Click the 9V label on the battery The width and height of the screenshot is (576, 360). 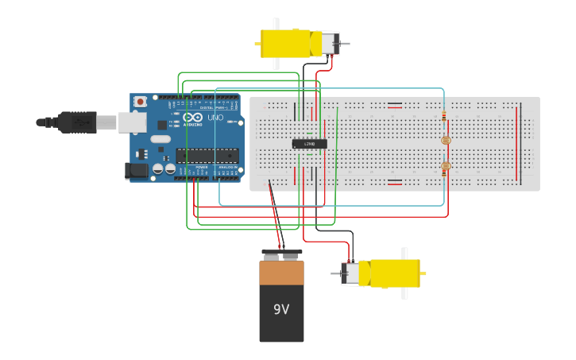(x=281, y=308)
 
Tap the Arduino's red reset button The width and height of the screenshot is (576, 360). (x=141, y=101)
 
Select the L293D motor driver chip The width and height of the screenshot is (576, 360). (x=309, y=144)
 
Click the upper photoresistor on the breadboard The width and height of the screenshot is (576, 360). (x=444, y=141)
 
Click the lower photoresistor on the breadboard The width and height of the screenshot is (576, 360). (x=444, y=166)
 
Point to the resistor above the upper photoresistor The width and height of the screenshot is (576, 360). (x=444, y=117)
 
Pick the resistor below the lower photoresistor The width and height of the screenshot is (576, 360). (x=444, y=181)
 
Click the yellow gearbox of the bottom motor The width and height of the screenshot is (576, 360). (x=389, y=273)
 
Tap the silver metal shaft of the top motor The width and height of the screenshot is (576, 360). (x=344, y=44)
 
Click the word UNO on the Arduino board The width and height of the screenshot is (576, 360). (x=215, y=118)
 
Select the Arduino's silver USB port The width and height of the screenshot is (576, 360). (x=132, y=122)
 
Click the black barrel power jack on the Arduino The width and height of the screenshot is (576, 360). (x=137, y=170)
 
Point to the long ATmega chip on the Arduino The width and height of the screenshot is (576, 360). (x=207, y=155)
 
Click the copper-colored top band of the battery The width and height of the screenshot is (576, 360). (x=281, y=273)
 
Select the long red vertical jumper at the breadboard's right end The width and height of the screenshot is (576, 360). (x=519, y=143)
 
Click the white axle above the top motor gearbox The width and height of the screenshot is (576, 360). (x=276, y=23)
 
